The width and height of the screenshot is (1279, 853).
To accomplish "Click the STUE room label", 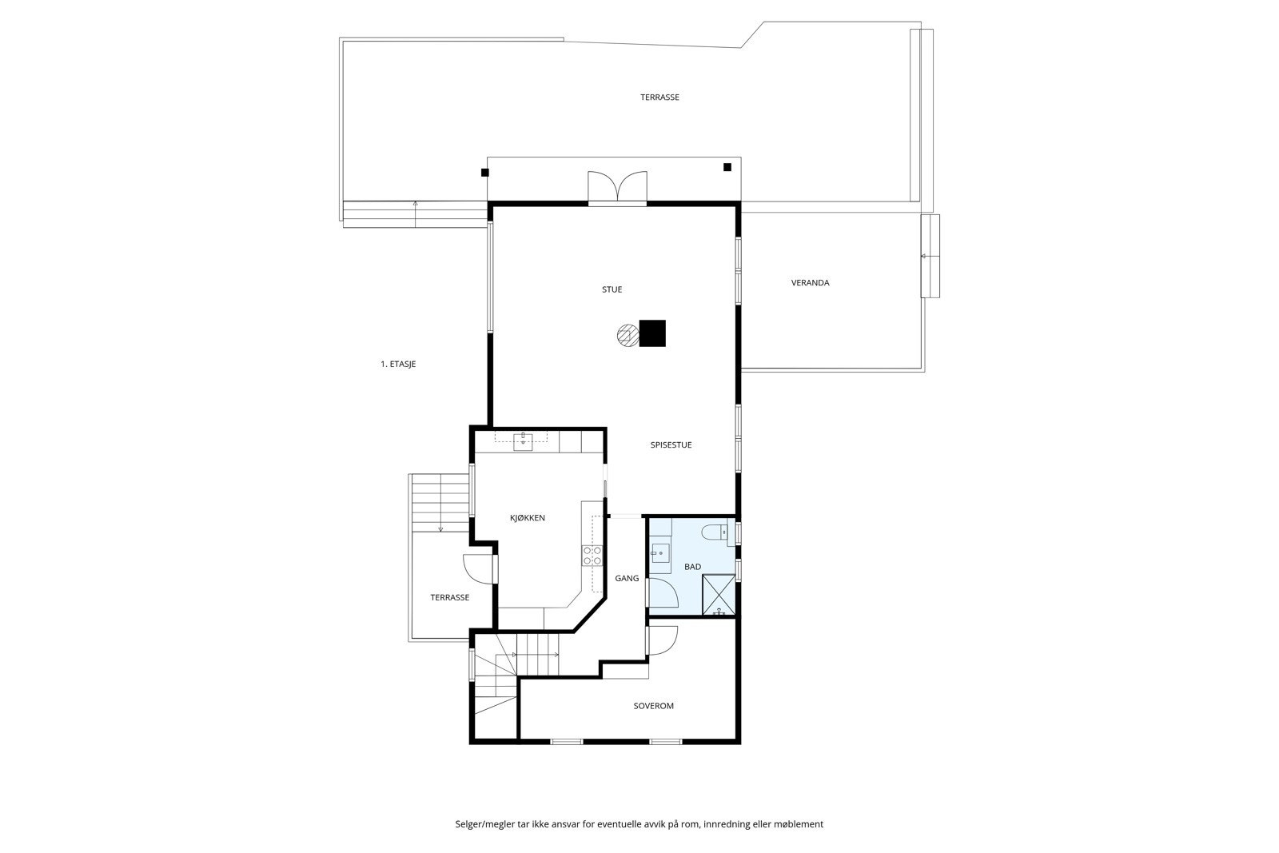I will (612, 289).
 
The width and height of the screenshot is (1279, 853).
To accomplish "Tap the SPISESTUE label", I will (671, 444).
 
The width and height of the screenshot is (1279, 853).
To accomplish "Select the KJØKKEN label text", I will (528, 518).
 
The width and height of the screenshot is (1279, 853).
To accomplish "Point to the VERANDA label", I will (810, 282).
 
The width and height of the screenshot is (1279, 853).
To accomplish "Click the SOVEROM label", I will (653, 706).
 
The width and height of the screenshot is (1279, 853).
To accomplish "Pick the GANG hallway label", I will (627, 578).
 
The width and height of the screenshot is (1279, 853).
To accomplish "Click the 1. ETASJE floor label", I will (398, 364).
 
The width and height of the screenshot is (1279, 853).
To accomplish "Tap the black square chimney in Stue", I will (652, 333).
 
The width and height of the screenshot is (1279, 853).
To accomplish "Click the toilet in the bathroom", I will (713, 532).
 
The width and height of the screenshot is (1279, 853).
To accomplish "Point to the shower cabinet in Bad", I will (719, 595).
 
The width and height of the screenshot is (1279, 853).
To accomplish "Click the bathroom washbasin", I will (659, 552).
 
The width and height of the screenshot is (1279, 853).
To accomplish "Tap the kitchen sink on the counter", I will (522, 439).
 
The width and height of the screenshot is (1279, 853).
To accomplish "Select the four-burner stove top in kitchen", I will (592, 556).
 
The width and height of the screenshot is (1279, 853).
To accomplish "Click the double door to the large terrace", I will (617, 187).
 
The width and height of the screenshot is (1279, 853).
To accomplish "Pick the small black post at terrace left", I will (484, 172).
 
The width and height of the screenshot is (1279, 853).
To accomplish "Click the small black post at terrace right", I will (727, 167).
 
